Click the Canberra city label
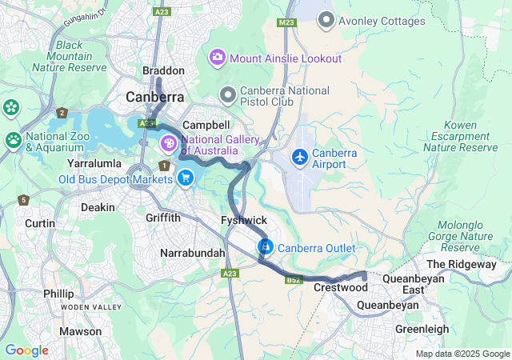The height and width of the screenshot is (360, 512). click(x=155, y=97)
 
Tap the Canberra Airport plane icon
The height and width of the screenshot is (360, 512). click(x=300, y=157)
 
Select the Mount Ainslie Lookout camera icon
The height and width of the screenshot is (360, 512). click(x=217, y=58)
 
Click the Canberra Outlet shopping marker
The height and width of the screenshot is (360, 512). click(x=265, y=247)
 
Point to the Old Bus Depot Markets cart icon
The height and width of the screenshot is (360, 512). click(x=186, y=178)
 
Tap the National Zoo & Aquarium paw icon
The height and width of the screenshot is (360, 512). click(x=13, y=141)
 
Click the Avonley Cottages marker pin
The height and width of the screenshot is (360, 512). click(x=326, y=20)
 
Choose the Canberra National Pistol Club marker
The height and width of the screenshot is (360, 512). click(x=228, y=95)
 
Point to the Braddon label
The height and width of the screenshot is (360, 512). click(x=163, y=71)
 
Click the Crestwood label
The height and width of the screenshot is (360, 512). click(x=334, y=286)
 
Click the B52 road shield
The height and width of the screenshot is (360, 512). click(x=294, y=279)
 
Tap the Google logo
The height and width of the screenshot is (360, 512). click(x=26, y=350)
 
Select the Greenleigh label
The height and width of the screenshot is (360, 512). click(x=422, y=329)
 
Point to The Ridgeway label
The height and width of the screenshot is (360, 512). click(x=462, y=264)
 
